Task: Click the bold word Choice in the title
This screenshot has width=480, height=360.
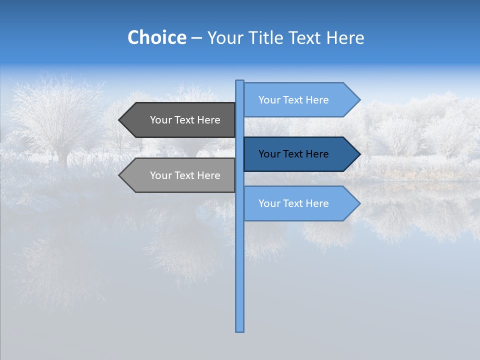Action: [x=156, y=37]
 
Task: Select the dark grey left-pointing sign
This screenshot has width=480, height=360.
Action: [x=180, y=120]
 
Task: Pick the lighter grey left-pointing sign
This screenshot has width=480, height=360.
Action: [x=180, y=175]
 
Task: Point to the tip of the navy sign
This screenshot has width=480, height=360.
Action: [x=359, y=154]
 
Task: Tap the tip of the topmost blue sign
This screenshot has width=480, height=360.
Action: [x=359, y=100]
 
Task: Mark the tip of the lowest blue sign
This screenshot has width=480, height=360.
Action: [x=359, y=203]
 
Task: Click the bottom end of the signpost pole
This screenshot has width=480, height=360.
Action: [x=240, y=330]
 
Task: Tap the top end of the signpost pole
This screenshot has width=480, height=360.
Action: [x=240, y=81]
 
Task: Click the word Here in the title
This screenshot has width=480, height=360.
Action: [x=345, y=38]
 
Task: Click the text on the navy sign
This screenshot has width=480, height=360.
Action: [x=293, y=154]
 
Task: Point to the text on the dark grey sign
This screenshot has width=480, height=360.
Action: [x=185, y=120]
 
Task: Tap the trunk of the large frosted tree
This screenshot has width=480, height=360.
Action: [x=63, y=157]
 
